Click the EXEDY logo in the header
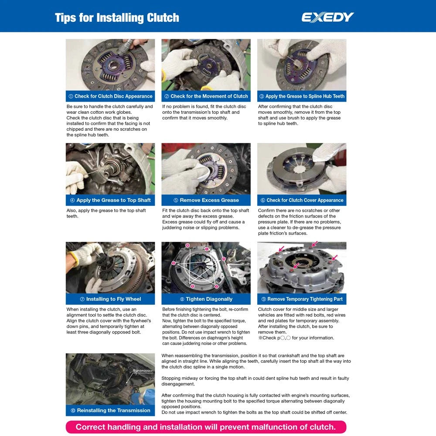(327, 17)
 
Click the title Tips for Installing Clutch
(117, 18)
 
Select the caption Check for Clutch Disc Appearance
(110, 96)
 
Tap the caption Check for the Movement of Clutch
(206, 96)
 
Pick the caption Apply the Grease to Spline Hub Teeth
(302, 96)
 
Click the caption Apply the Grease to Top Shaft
(110, 200)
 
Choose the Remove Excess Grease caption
(206, 200)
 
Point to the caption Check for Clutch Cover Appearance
(302, 200)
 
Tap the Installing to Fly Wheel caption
(110, 299)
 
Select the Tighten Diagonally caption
(206, 299)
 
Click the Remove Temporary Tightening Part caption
(302, 299)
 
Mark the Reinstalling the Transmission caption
(110, 410)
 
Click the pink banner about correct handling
(206, 427)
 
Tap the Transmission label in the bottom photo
(143, 371)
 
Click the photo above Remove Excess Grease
(206, 169)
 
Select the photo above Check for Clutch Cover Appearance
(302, 169)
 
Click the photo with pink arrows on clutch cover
(302, 267)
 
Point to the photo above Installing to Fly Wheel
(110, 267)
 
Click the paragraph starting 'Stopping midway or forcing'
(255, 381)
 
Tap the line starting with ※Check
(296, 338)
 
